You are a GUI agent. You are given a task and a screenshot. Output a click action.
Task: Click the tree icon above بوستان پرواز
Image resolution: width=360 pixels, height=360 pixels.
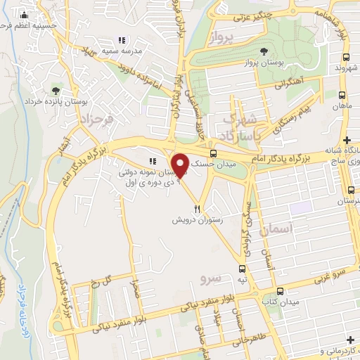pyautogui.click(x=264, y=51)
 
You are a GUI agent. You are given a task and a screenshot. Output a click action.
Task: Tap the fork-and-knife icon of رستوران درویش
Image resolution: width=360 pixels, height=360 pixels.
pyautogui.click(x=198, y=208)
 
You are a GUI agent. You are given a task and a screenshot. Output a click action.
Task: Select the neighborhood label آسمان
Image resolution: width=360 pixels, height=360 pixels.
pyautogui.click(x=274, y=230)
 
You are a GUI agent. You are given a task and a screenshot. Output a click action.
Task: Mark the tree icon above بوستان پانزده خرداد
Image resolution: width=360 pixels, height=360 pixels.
pyautogui.click(x=56, y=89)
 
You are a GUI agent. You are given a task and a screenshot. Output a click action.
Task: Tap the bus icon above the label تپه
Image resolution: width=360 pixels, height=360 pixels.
pyautogui.click(x=243, y=269)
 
